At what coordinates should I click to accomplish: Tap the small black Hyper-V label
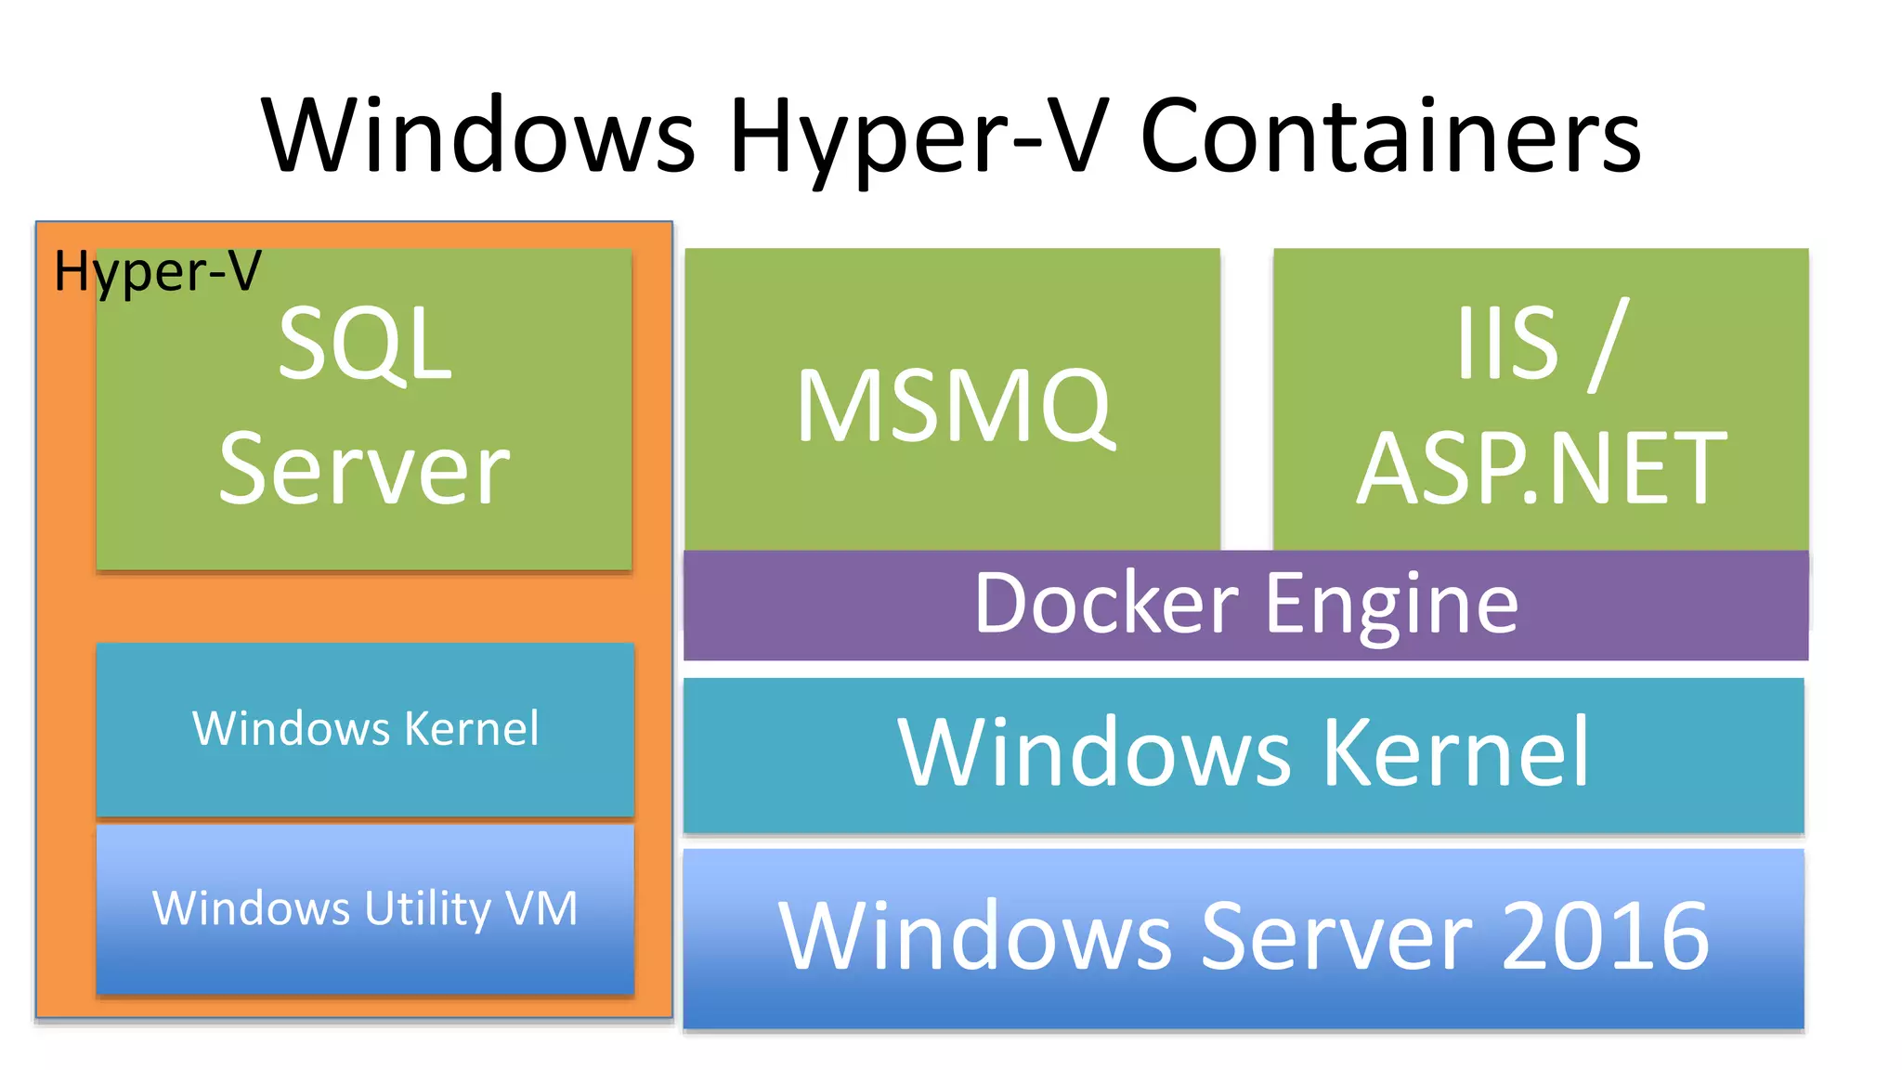pos(158,271)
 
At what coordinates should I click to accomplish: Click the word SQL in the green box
pos(364,346)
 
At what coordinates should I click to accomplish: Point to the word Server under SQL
pos(364,470)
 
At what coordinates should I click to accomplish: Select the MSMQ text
pos(954,406)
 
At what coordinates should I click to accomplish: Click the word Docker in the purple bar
pos(1105,605)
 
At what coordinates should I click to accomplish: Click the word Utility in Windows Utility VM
pos(427,908)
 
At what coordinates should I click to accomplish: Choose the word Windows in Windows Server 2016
pos(975,936)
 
